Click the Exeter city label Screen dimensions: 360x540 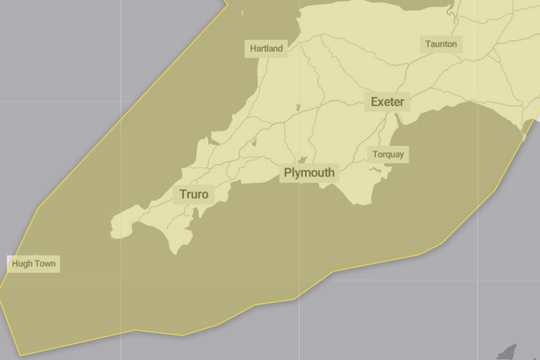pyautogui.click(x=387, y=102)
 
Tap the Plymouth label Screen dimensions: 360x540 pyautogui.click(x=309, y=173)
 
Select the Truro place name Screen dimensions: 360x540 pyautogui.click(x=193, y=195)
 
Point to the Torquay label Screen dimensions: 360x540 pyautogui.click(x=388, y=154)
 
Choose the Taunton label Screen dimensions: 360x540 pyautogui.click(x=440, y=45)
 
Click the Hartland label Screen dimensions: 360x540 pyautogui.click(x=266, y=49)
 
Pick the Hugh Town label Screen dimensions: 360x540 pyautogui.click(x=33, y=264)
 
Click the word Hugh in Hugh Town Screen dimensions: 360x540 pyautogui.click(x=22, y=264)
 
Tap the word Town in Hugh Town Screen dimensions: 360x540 pyautogui.click(x=44, y=264)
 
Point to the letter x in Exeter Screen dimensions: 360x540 pyautogui.click(x=381, y=102)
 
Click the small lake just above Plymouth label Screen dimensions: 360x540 pyautogui.click(x=303, y=160)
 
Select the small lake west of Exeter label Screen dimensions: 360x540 pyautogui.click(x=297, y=109)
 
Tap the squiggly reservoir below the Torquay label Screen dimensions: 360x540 pyautogui.click(x=374, y=170)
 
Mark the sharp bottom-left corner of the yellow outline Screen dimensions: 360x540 pyautogui.click(x=21, y=356)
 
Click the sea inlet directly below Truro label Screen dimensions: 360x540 pyautogui.click(x=195, y=213)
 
